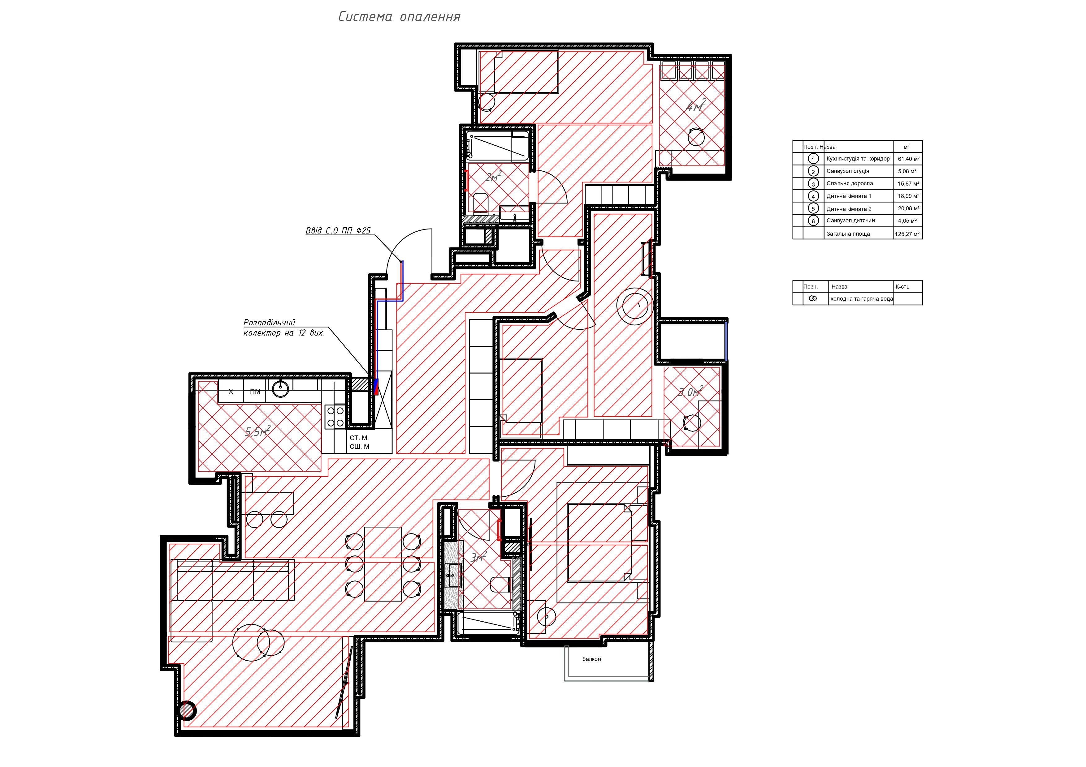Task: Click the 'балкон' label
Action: point(591,659)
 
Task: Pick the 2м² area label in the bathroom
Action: point(493,177)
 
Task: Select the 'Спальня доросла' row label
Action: point(850,183)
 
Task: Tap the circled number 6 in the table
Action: point(813,221)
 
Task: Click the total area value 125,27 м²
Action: point(907,234)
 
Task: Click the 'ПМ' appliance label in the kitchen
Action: point(255,391)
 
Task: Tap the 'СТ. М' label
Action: point(358,438)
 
